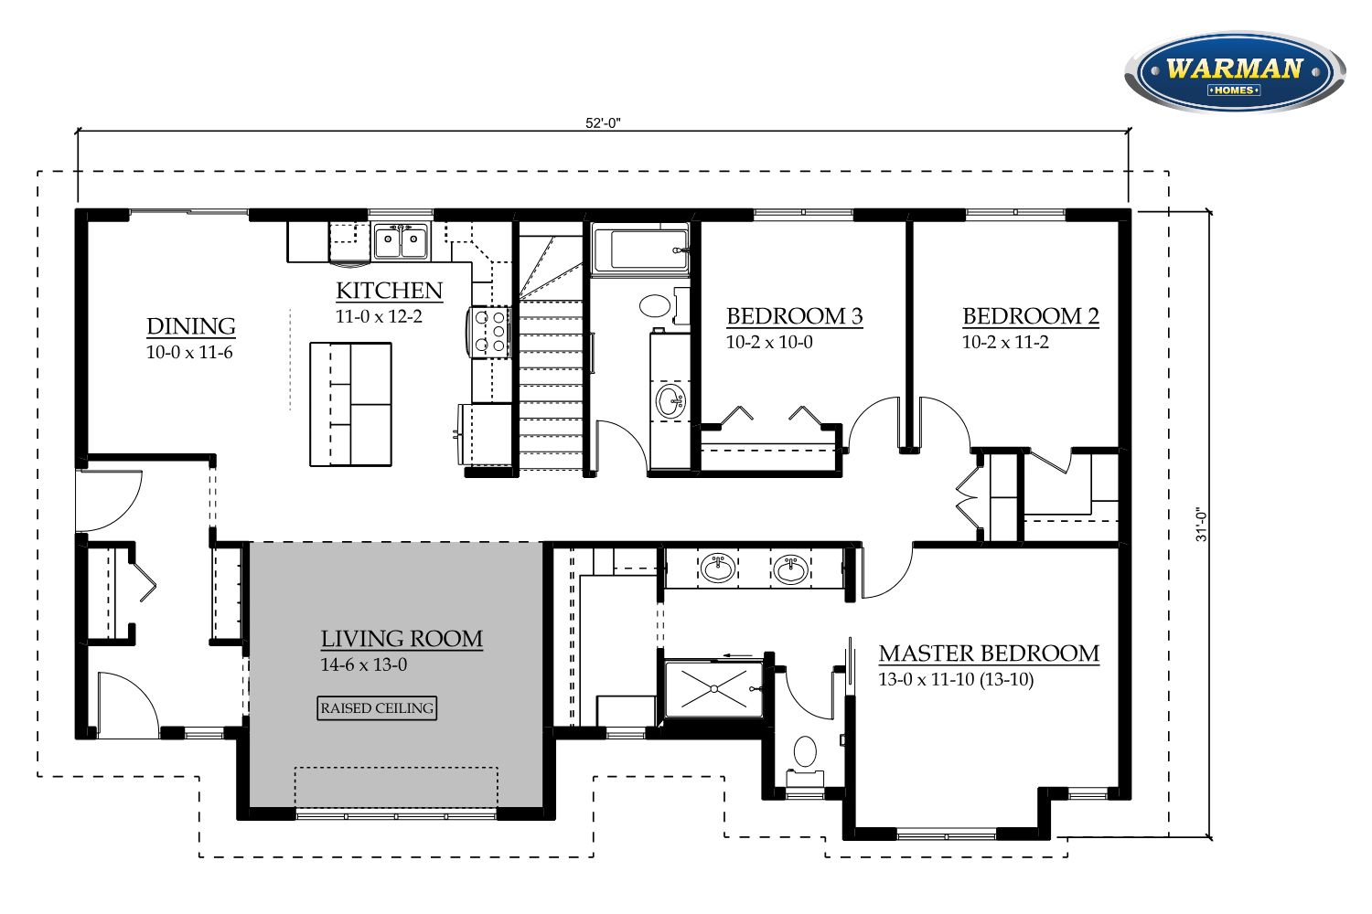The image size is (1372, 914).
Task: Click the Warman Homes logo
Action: [1235, 72]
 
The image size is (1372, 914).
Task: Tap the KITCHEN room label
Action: [389, 291]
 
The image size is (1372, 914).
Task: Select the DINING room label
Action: [190, 326]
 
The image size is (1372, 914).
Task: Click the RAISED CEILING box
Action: [377, 708]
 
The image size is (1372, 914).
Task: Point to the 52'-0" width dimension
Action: [603, 123]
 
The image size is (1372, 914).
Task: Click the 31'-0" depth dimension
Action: [1201, 525]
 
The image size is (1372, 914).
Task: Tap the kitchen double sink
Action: [402, 240]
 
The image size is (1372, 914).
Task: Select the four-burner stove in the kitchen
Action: [489, 332]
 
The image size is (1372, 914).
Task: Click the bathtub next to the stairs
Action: [640, 250]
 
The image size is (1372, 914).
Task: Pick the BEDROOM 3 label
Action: [795, 316]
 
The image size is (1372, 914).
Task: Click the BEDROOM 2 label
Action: [1030, 316]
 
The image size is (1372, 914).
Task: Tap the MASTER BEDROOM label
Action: [989, 654]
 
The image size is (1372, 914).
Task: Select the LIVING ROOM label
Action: [402, 639]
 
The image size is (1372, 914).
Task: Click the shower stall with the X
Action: [714, 689]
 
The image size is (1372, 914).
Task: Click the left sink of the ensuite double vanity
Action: [718, 569]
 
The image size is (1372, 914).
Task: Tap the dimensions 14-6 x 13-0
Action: [363, 664]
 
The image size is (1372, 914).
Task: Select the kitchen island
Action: [350, 405]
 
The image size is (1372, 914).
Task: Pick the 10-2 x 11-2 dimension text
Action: [1005, 342]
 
